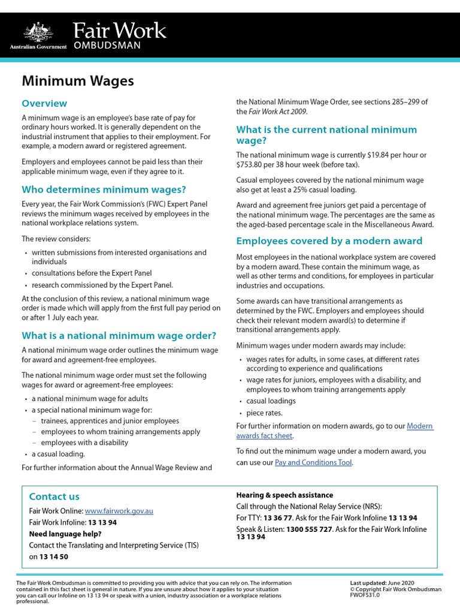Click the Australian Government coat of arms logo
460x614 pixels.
[x=38, y=31]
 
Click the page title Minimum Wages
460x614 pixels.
[x=78, y=80]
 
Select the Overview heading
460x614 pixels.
[x=44, y=103]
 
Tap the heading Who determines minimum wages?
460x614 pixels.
[x=104, y=189]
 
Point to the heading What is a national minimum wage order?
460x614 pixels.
[x=119, y=335]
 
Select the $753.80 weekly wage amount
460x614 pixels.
[x=252, y=164]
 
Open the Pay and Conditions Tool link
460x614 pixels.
[x=313, y=462]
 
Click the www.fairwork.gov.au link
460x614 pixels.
[x=119, y=511]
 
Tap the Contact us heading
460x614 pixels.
[x=54, y=496]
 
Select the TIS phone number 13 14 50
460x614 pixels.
[x=54, y=556]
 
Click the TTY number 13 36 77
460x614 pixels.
[x=277, y=517]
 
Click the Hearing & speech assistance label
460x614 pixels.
[x=285, y=495]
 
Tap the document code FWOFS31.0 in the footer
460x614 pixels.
[x=365, y=595]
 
